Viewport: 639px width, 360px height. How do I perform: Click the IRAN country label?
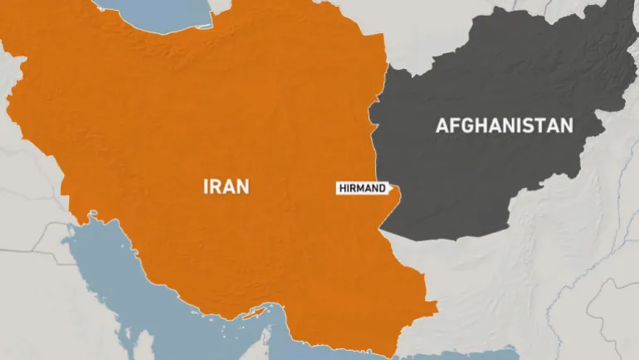(x=226, y=187)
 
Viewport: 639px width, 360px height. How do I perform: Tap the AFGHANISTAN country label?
(x=505, y=126)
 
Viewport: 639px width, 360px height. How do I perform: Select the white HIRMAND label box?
(x=362, y=188)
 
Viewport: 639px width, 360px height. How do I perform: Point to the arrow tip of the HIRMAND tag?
(x=392, y=188)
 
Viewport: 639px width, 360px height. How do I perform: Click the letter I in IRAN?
(x=206, y=187)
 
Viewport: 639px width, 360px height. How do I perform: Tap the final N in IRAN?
(x=242, y=187)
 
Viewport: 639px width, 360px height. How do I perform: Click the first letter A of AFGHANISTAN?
(x=441, y=126)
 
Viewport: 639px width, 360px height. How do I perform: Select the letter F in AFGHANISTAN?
(x=453, y=126)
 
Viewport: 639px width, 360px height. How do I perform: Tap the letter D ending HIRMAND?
(x=382, y=188)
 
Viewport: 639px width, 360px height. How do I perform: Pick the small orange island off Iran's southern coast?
(x=254, y=313)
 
